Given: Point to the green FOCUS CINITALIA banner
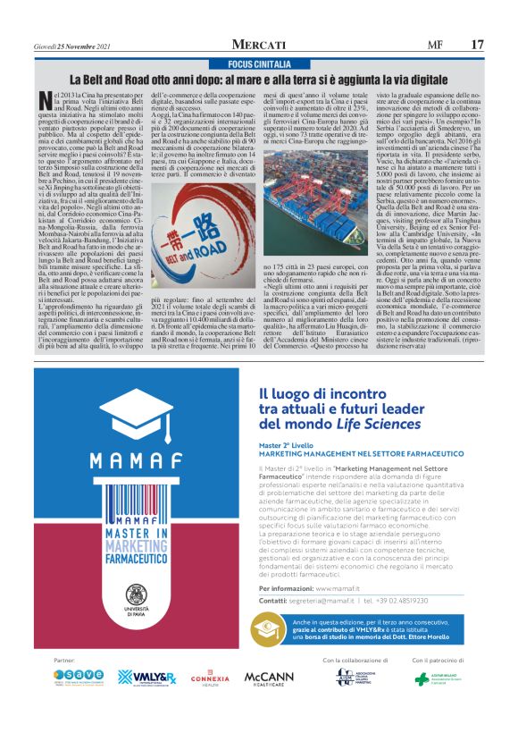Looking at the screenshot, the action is (x=259, y=65).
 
